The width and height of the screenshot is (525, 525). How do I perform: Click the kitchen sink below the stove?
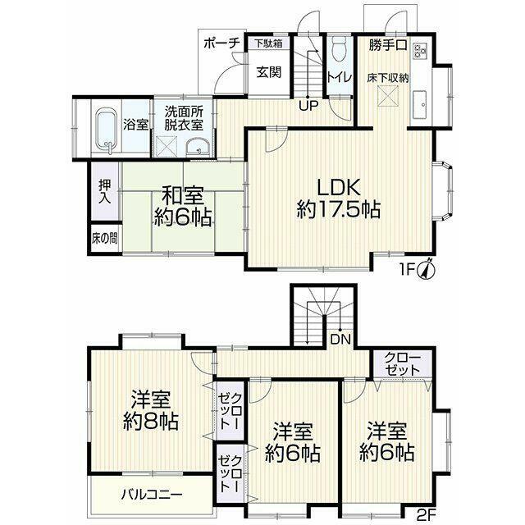(420, 104)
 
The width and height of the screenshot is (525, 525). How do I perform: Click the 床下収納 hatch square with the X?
(388, 96)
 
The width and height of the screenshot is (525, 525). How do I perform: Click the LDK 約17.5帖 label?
(339, 199)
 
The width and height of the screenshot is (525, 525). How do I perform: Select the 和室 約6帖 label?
(182, 207)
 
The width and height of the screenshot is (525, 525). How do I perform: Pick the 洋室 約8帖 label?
(150, 411)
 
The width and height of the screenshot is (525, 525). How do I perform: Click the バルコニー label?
(152, 494)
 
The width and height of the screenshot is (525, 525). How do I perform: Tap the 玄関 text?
(269, 73)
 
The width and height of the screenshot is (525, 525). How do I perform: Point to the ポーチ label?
(221, 43)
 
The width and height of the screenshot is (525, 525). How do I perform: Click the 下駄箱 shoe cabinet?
(268, 43)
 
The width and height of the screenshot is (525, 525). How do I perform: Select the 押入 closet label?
(105, 192)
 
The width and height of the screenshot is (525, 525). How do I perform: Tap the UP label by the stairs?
(308, 106)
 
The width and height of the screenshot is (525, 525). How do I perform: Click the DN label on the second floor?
(340, 340)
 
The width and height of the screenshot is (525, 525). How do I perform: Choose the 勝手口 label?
(388, 45)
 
